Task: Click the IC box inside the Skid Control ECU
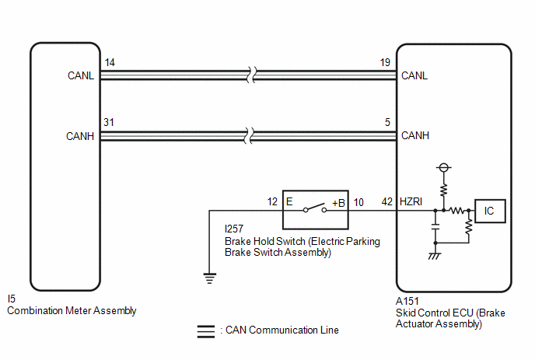point(490,211)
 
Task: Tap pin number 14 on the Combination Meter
point(110,62)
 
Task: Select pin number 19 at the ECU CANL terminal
point(385,62)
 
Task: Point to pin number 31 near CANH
point(109,122)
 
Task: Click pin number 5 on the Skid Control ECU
point(387,122)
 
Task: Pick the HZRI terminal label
point(411,201)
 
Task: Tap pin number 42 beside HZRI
point(387,202)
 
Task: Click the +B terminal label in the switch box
point(338,203)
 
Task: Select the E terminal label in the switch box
point(289,201)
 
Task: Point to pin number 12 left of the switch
point(272,202)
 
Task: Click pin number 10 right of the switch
point(358,202)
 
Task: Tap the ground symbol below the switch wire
point(209,278)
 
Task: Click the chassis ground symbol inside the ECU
point(435,256)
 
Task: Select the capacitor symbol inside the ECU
point(435,226)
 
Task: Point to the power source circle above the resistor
point(443,167)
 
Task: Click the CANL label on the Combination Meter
point(81,75)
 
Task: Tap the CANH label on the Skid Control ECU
point(415,135)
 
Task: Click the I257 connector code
point(234,229)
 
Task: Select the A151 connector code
point(407,301)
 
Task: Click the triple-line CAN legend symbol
point(206,331)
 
